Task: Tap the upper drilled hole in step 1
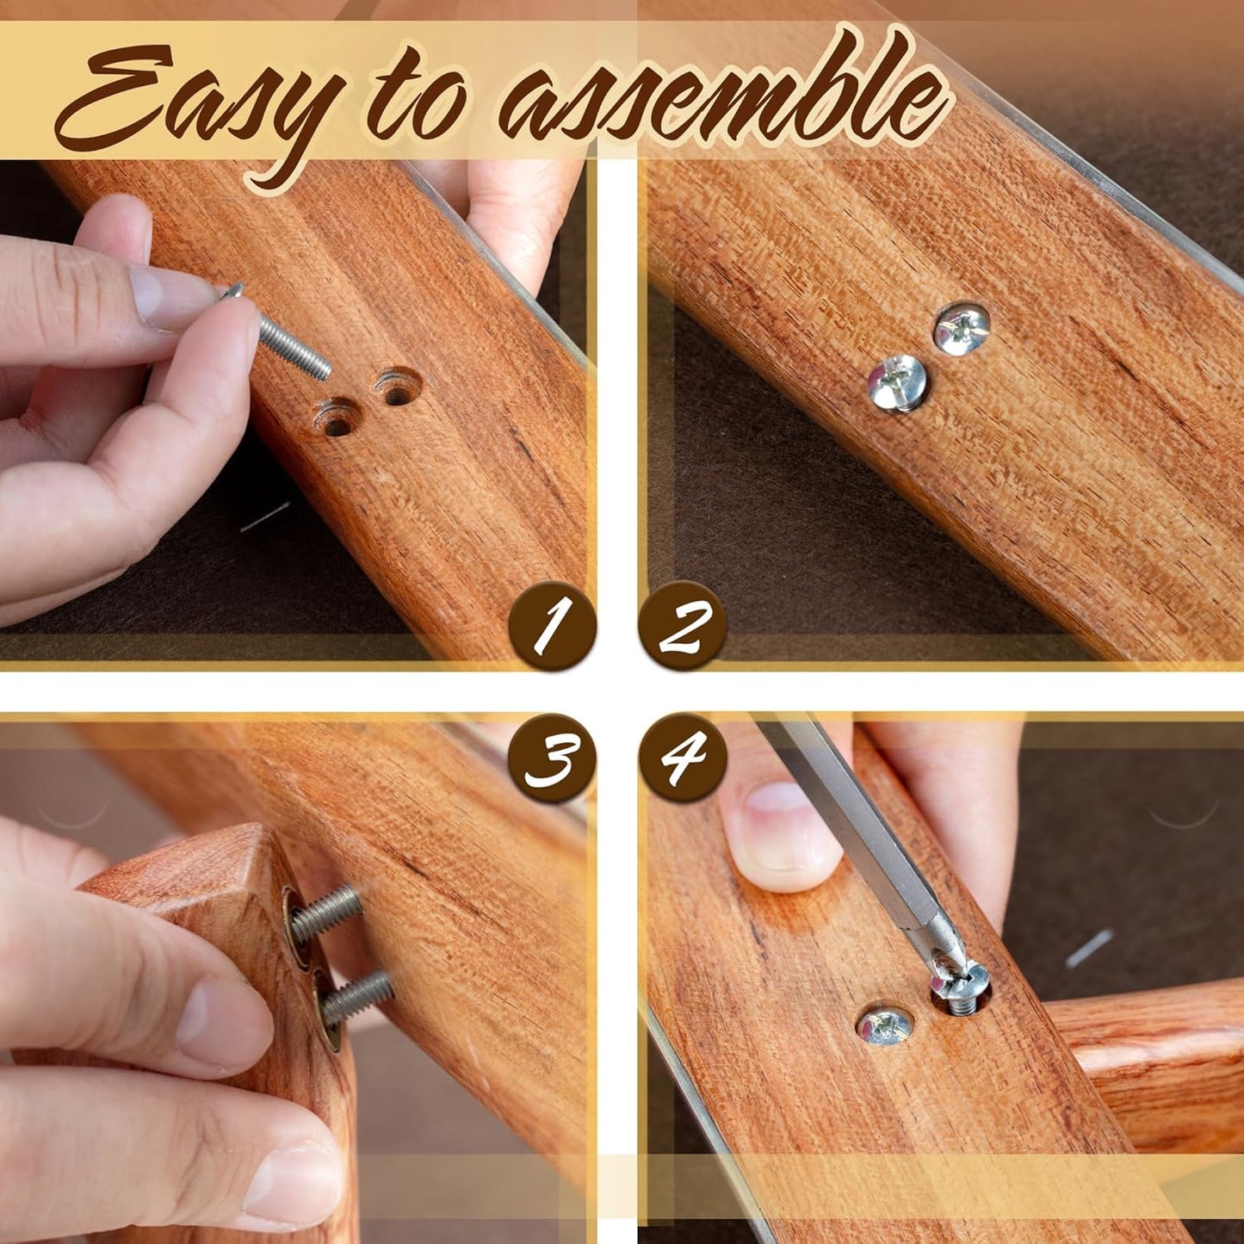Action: pos(397,387)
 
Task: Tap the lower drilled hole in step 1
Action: pos(336,418)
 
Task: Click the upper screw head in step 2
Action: pos(962,328)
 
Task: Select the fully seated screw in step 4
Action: pos(884,1024)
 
